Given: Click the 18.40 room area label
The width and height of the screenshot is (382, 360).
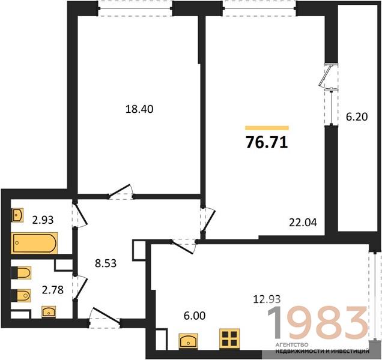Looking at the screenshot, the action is coord(139,109).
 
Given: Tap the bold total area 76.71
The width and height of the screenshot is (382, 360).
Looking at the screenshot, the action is coord(267,143).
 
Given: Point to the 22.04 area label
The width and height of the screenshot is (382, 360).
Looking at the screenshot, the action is coord(303,222).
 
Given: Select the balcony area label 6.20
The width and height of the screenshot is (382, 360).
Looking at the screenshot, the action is coord(357,117).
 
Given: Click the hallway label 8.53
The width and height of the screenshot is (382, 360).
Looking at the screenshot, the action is coord(106,263).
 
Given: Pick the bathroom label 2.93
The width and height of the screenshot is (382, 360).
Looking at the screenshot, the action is coord(43,220).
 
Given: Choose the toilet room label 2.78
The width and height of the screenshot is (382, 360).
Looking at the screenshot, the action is coord(53,290).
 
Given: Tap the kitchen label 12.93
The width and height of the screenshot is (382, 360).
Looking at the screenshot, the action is coord(267,299).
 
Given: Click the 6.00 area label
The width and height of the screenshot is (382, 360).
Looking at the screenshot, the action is coord(195,316).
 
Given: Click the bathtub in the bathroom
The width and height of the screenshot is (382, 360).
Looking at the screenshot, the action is coord(34,243).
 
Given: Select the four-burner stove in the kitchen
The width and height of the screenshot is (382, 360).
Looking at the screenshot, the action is coord(229,338).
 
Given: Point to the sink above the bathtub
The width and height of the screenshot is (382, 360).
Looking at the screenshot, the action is coord(17,215).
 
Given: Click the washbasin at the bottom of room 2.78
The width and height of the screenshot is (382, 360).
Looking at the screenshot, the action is coord(49,312).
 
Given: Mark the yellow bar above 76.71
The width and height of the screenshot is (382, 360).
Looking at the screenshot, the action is coord(267,128).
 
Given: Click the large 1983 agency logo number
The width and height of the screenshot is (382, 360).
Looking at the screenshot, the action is coord(318,323).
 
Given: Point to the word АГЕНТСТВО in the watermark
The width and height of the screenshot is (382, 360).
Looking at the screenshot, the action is coord(292,345).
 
